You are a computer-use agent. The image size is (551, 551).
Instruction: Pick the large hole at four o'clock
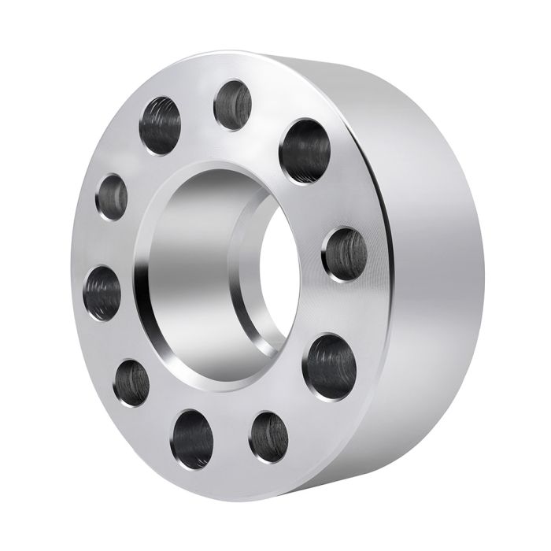pyautogui.click(x=329, y=364)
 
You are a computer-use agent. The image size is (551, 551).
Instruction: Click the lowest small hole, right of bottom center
pyautogui.click(x=268, y=435)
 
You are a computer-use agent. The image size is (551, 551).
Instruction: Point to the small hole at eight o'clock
pyautogui.click(x=131, y=383)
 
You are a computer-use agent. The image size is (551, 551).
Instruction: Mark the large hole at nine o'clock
pyautogui.click(x=104, y=292)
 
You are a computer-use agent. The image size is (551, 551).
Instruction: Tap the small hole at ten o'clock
pyautogui.click(x=112, y=196)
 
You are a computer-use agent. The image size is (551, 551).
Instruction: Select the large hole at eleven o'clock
pyautogui.click(x=160, y=124)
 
